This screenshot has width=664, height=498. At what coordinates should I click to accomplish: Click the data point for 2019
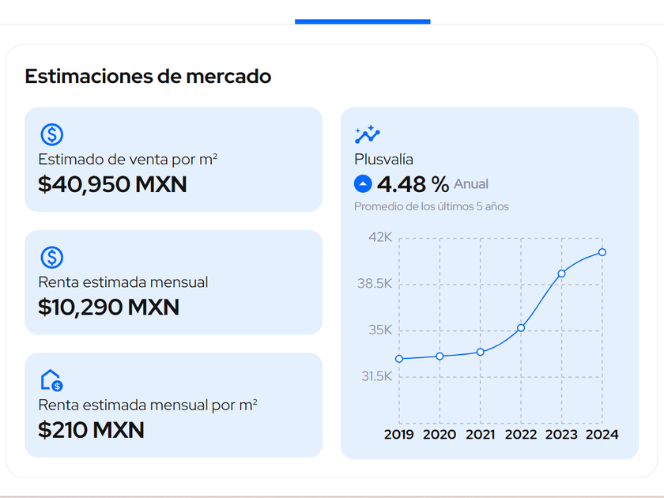click(x=399, y=359)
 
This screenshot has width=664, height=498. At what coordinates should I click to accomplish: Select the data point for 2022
click(x=521, y=327)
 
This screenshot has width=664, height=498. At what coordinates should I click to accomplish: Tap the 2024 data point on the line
click(x=602, y=252)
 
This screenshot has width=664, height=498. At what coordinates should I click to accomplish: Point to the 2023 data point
click(x=561, y=274)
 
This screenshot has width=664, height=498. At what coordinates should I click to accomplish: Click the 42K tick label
click(x=380, y=237)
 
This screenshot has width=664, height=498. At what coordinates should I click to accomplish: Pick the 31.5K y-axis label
click(x=377, y=377)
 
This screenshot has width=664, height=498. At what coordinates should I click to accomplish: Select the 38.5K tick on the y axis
click(x=376, y=284)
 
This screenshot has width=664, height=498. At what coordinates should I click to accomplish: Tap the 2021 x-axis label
click(x=480, y=434)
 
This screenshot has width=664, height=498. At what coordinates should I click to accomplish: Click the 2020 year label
click(x=440, y=434)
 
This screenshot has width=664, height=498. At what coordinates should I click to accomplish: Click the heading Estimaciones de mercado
click(x=148, y=77)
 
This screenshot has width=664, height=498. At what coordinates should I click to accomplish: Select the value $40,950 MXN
click(x=112, y=184)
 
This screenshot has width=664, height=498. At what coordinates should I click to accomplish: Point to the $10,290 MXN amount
click(x=108, y=307)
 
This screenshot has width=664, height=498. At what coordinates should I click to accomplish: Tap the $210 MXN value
click(x=91, y=430)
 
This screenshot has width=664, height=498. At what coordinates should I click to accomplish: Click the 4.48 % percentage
click(x=413, y=184)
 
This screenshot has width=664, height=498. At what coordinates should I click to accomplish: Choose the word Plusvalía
click(x=383, y=160)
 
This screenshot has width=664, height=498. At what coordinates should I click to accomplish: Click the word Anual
click(x=471, y=184)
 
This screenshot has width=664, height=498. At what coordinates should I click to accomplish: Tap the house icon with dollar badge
click(x=51, y=380)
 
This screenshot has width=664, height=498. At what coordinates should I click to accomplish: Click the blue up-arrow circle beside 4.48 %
click(x=363, y=184)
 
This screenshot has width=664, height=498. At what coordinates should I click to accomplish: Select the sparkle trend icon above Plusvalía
click(x=368, y=134)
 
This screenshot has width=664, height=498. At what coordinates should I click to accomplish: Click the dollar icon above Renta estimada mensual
click(x=51, y=257)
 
